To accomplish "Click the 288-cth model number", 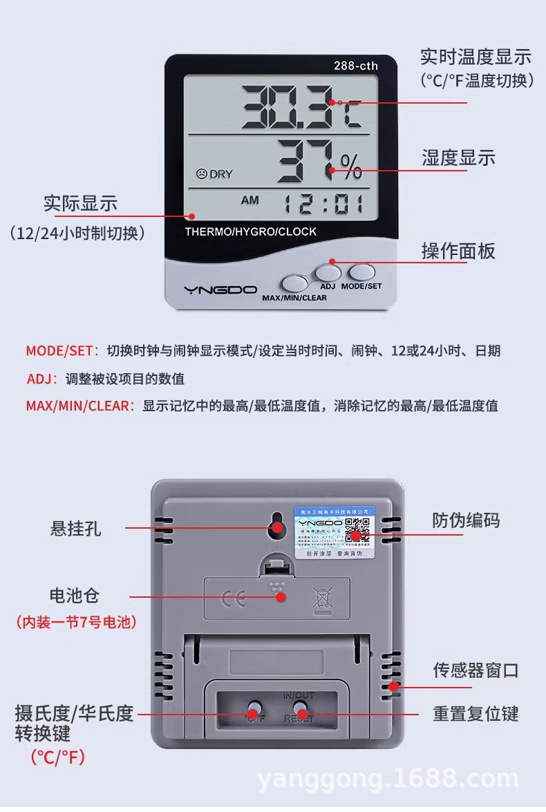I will [356, 66].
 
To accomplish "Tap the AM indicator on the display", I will [250, 200].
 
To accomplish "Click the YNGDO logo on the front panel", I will [220, 290].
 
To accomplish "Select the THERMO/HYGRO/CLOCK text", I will [250, 232].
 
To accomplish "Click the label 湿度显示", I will [458, 158].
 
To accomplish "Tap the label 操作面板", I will [458, 251].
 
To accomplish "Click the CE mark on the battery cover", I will [233, 598].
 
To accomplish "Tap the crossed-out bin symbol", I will [322, 598].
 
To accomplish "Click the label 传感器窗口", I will [476, 670].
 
